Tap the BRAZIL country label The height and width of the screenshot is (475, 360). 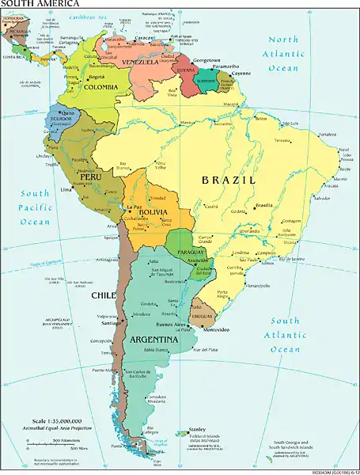[230, 180]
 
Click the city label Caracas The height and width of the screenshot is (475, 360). [144, 37]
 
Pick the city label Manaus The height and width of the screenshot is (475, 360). [188, 123]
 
